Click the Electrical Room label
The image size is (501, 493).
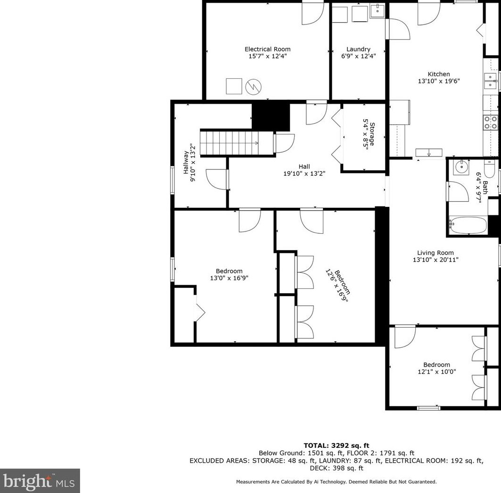(267, 49)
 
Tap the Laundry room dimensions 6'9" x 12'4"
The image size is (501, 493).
(358, 56)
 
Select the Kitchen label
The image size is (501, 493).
(438, 74)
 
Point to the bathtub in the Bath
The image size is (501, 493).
(467, 225)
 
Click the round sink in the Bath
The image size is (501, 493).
(460, 166)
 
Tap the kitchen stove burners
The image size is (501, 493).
(491, 123)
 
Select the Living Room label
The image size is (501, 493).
(435, 253)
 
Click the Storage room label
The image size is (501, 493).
(372, 134)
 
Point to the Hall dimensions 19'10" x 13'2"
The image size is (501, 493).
(304, 173)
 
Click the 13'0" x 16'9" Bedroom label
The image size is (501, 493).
(229, 271)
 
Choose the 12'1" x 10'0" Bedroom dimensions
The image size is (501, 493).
(436, 371)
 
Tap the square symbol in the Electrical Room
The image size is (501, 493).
(234, 86)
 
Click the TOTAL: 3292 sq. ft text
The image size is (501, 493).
(336, 445)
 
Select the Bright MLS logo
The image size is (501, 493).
(40, 481)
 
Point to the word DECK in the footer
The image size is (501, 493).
(319, 468)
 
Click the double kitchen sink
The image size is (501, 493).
(490, 81)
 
